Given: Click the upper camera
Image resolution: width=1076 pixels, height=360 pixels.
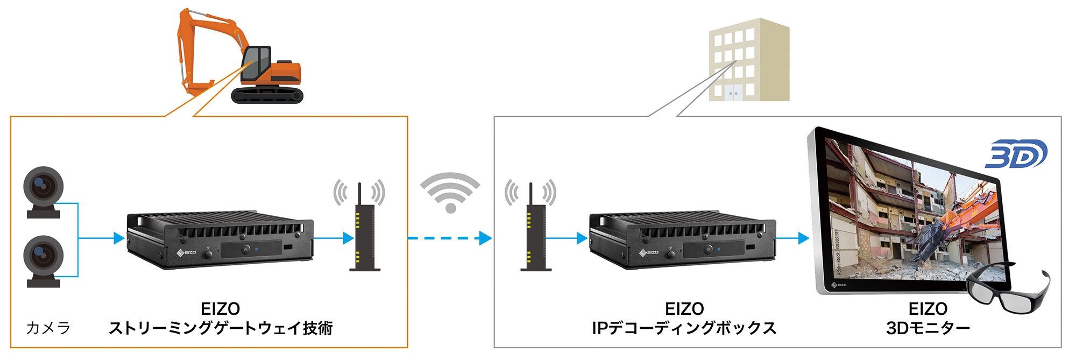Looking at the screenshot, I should [x=43, y=192].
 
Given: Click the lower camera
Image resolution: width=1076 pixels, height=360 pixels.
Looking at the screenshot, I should [x=43, y=260].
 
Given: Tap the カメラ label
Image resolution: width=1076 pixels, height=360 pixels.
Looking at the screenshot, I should [x=48, y=328].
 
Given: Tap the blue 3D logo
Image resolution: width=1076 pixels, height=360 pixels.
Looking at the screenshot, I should [x=1016, y=154].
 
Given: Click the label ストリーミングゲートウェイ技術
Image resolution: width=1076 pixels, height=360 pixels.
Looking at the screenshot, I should [x=221, y=328].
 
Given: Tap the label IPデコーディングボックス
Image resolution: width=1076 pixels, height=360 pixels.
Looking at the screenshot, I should [x=684, y=328].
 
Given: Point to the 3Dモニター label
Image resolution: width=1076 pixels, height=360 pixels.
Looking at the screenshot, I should [x=928, y=328].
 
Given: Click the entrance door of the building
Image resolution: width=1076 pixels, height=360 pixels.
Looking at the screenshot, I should [x=733, y=92].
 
